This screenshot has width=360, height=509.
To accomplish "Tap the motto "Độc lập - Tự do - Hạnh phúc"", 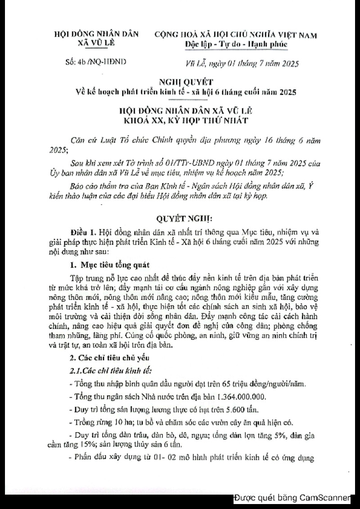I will click(236, 45).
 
